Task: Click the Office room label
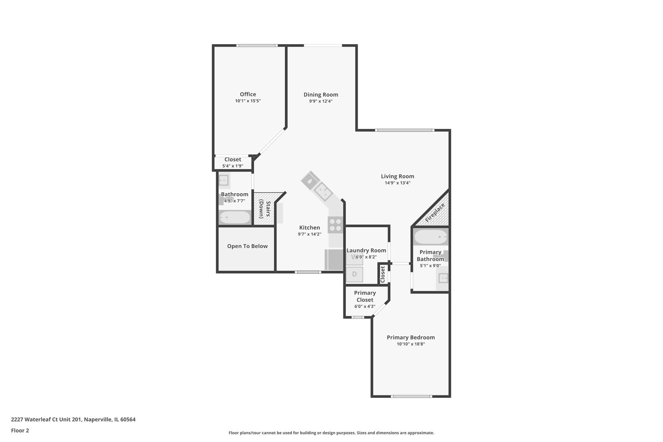point(248,94)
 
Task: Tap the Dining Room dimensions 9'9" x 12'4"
point(320,101)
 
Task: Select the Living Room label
point(397,176)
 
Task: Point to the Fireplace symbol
point(435,212)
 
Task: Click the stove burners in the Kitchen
point(335,225)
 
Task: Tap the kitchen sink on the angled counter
point(322,192)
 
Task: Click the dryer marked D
point(354,274)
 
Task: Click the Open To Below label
point(247,246)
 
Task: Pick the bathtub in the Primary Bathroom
point(431,237)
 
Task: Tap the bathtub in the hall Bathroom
point(235,217)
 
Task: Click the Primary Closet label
point(365,296)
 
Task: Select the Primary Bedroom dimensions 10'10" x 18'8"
point(410,344)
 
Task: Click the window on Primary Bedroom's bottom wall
point(411,396)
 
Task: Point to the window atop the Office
point(257,45)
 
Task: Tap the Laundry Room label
point(366,250)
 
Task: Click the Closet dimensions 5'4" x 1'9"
point(232,166)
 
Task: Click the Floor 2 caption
point(20,431)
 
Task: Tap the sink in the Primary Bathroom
point(443,278)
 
